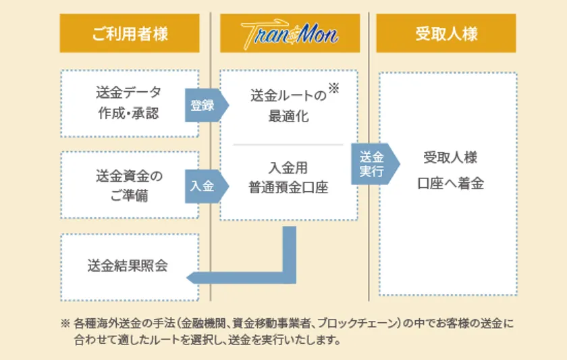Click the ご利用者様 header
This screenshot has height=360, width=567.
130,33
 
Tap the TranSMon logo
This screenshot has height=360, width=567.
290,34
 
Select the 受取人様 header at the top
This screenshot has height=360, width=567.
446,33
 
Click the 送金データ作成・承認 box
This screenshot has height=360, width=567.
130,103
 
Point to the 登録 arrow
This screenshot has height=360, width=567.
207,105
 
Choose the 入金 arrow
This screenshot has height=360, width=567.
207,186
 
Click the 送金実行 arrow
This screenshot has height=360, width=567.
375,164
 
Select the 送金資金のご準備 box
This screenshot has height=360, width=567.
130,185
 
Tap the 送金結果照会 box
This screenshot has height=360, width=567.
130,267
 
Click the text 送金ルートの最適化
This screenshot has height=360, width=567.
289,105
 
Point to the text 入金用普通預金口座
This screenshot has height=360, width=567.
288,178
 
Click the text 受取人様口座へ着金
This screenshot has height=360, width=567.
450,170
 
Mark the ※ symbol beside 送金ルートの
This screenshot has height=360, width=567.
333,88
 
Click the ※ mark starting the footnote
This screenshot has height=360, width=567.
65,323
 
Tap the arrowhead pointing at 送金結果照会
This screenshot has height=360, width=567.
192,278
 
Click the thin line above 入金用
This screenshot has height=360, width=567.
288,145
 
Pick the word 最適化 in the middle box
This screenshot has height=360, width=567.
289,116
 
